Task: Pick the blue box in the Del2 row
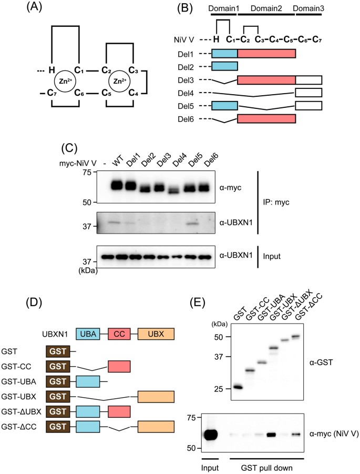pyautogui.click(x=224, y=66)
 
